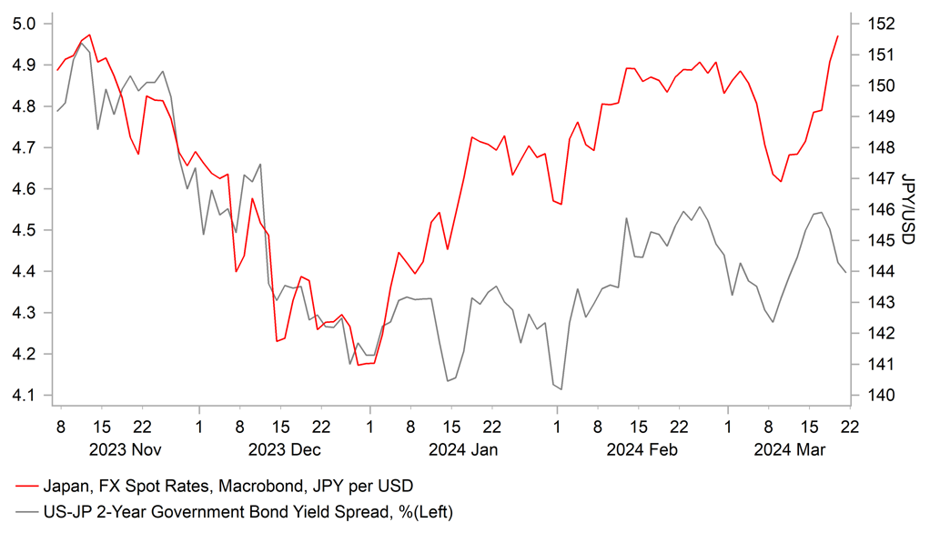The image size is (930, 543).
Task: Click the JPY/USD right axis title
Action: [x=907, y=209]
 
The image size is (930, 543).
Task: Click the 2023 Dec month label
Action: [x=285, y=449]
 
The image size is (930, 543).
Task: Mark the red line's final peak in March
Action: [x=837, y=35]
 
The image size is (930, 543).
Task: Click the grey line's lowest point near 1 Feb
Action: [x=561, y=389]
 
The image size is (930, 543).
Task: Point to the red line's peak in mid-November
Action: [x=88, y=35]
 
